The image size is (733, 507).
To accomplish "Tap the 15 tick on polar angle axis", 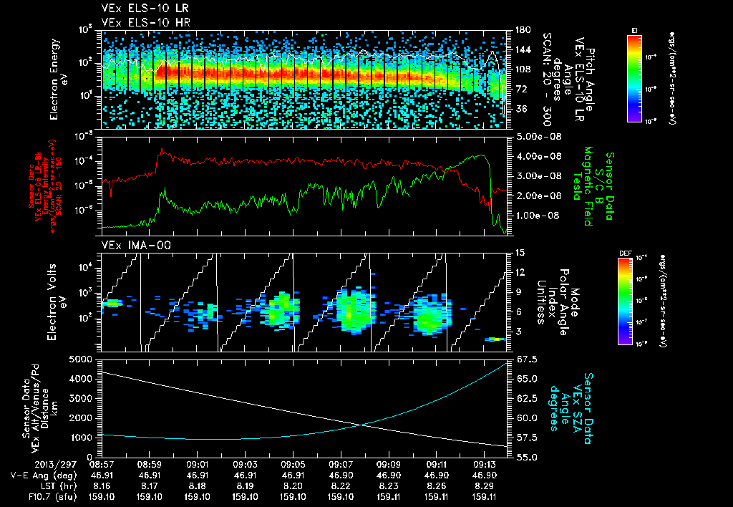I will point(515,253).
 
